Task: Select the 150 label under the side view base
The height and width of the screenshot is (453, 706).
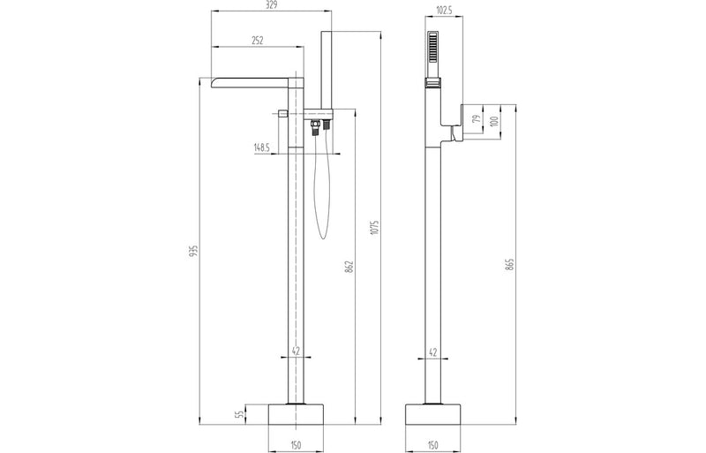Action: (432, 445)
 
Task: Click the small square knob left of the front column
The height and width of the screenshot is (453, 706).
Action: (282, 113)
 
